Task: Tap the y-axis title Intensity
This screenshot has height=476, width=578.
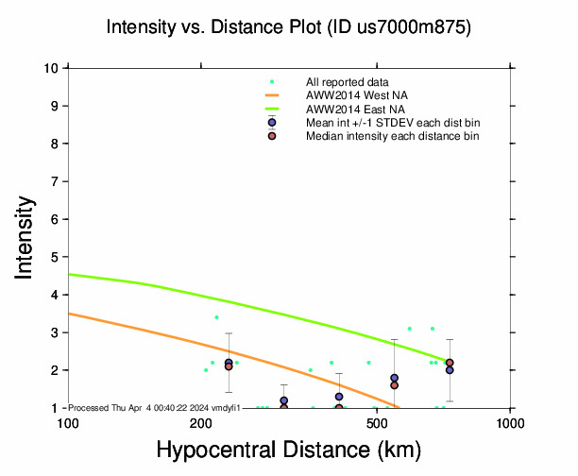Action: click(x=27, y=236)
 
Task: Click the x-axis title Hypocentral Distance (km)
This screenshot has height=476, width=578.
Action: click(x=288, y=450)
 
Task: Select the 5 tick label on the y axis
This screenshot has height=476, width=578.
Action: click(x=58, y=257)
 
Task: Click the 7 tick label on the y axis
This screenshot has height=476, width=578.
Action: click(x=58, y=181)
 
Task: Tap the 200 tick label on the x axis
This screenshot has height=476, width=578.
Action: click(x=200, y=421)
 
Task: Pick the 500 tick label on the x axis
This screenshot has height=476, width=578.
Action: click(x=376, y=421)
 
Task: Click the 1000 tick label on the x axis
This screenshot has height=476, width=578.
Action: click(x=510, y=421)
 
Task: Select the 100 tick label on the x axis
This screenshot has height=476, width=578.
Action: click(x=68, y=421)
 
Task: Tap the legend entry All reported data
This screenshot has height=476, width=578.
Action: click(x=348, y=83)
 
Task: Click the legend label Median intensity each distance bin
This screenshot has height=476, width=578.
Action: click(x=392, y=136)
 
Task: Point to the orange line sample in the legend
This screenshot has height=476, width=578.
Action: click(x=272, y=95)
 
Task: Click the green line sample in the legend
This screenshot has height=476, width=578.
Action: click(x=272, y=109)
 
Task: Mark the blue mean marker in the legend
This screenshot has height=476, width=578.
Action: click(x=272, y=123)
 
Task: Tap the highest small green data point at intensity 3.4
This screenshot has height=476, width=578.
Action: click(x=216, y=317)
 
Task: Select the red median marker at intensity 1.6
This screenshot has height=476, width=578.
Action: click(x=394, y=385)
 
